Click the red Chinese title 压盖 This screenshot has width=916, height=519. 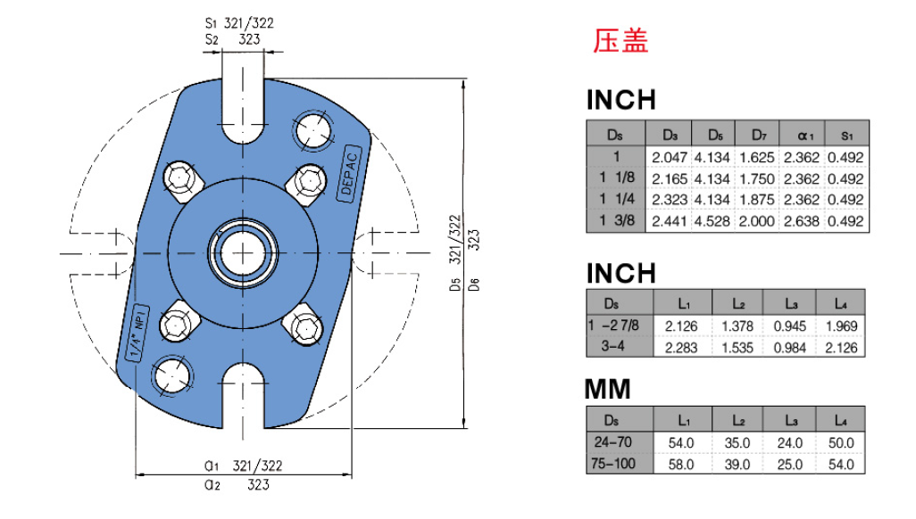click(x=620, y=41)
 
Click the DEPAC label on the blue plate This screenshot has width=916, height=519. click(x=349, y=173)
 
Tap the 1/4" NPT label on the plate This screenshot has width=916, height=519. click(x=137, y=333)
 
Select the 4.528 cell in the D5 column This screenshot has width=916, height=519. click(x=712, y=221)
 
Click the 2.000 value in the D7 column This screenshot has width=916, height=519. click(x=756, y=221)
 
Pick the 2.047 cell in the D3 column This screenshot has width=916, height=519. click(x=670, y=158)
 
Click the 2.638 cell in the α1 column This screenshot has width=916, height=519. click(x=802, y=221)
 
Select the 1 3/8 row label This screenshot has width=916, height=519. click(x=617, y=220)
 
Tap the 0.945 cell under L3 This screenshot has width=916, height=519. click(x=790, y=326)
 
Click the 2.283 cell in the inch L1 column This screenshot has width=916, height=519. click(x=681, y=348)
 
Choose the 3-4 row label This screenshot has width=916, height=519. click(x=612, y=347)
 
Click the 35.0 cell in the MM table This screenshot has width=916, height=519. click(x=737, y=443)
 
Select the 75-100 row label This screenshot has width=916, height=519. click(x=612, y=464)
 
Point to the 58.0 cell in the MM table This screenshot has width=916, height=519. click(x=681, y=465)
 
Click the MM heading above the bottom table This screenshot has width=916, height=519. click(x=608, y=390)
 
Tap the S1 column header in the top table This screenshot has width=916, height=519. click(x=846, y=136)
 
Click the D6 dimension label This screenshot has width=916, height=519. click(x=474, y=284)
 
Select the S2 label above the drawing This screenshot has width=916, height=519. click(x=212, y=40)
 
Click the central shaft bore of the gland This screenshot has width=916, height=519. click(x=243, y=253)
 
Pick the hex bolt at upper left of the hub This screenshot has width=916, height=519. click(x=179, y=177)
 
